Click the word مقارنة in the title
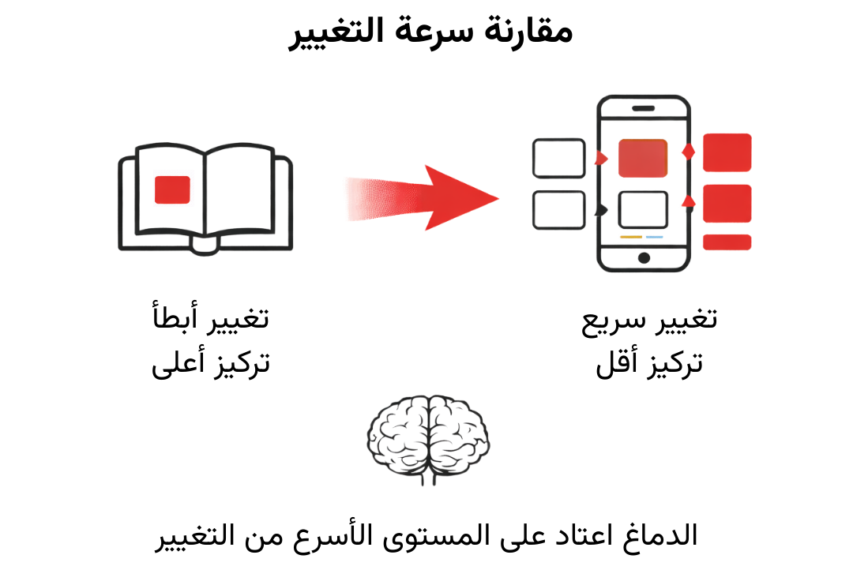pyautogui.click(x=528, y=31)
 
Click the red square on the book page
pyautogui.click(x=172, y=189)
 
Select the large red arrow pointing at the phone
pyautogui.click(x=422, y=197)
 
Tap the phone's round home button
pyautogui.click(x=644, y=258)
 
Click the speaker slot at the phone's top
pyautogui.click(x=644, y=108)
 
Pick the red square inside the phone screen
pyautogui.click(x=643, y=158)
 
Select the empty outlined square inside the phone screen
pyautogui.click(x=643, y=209)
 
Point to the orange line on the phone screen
pyautogui.click(x=631, y=237)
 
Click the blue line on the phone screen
pyautogui.click(x=655, y=237)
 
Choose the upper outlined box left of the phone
pyautogui.click(x=559, y=158)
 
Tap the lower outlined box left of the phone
pyautogui.click(x=559, y=210)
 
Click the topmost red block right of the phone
pyautogui.click(x=727, y=152)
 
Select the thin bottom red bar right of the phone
pyautogui.click(x=727, y=242)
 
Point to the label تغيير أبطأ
pyautogui.click(x=211, y=317)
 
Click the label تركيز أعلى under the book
pyautogui.click(x=211, y=362)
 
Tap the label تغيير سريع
pyautogui.click(x=649, y=321)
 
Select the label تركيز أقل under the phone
pyautogui.click(x=649, y=362)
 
